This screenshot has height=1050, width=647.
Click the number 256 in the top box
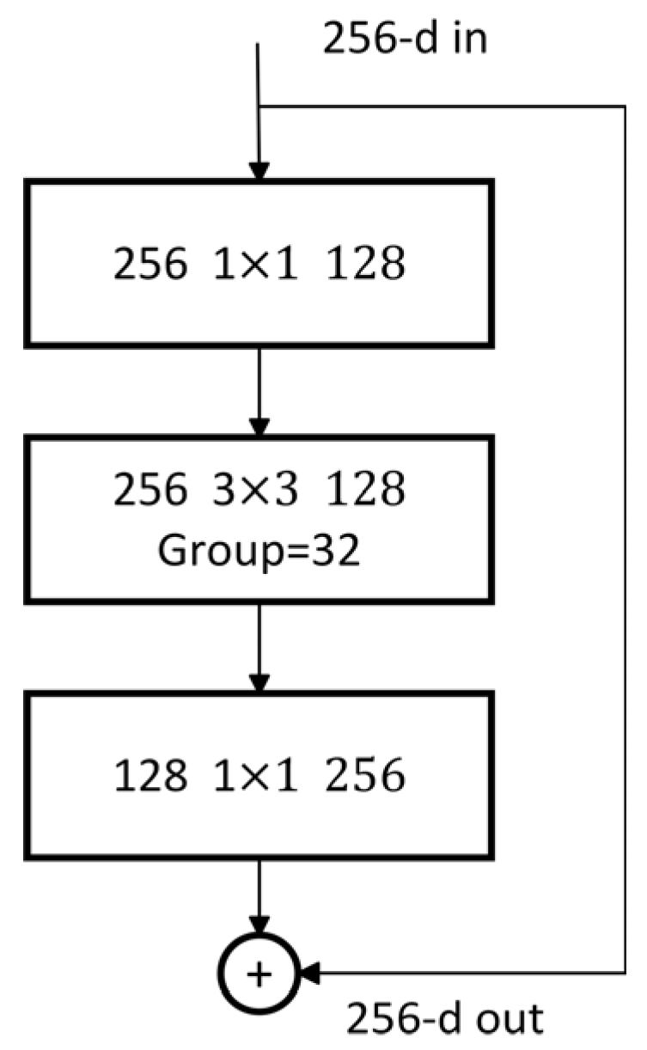tap(150, 265)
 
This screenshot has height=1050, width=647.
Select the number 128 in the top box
tap(368, 265)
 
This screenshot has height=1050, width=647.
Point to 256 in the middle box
tap(150, 491)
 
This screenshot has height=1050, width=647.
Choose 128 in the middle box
tap(368, 491)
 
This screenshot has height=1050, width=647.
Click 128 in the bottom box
tap(150, 777)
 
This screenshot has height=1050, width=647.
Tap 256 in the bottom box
tap(368, 777)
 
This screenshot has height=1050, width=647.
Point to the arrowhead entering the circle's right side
tap(308, 972)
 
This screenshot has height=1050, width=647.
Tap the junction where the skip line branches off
tap(259, 107)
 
